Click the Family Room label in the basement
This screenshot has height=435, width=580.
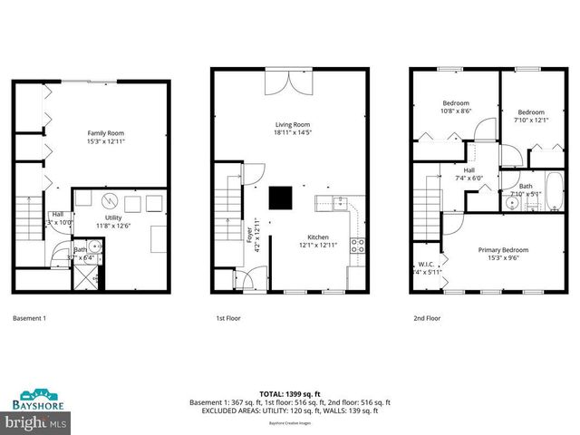click(x=104, y=132)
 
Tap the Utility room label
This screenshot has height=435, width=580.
click(x=113, y=218)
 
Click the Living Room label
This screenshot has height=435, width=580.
click(x=293, y=125)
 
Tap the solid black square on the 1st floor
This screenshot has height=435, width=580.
click(x=281, y=197)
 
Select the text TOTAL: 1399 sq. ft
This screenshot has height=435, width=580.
click(x=289, y=393)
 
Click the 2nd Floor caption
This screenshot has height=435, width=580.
click(x=429, y=319)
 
